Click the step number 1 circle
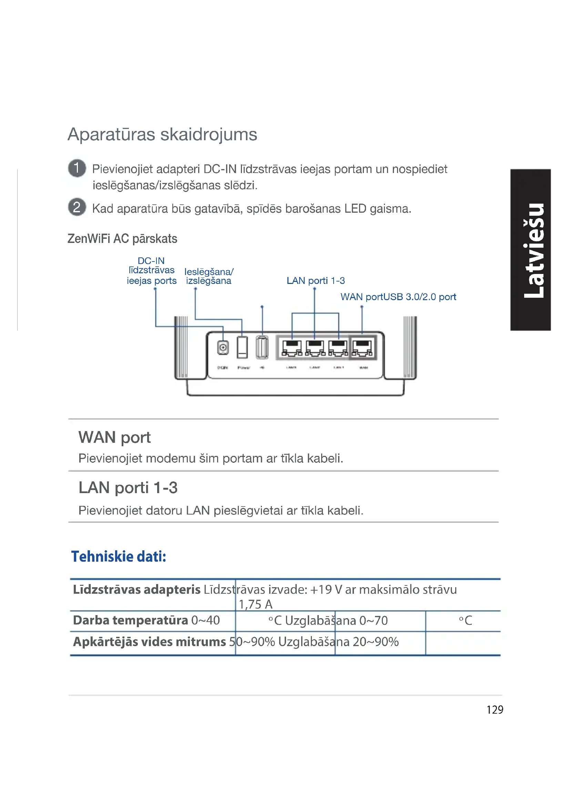pos(77,168)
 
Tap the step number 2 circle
pos(77,207)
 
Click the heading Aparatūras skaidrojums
pos(162,134)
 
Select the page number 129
pos(495,710)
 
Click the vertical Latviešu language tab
pos(530,249)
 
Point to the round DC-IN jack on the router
pos(223,348)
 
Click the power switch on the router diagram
pos(242,347)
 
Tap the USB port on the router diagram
pos(262,347)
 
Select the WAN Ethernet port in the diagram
pos(363,348)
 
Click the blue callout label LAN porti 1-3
pos(316,280)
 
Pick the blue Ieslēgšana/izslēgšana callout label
pos(208,276)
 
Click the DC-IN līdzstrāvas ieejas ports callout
pos(151,271)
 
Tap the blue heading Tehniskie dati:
pos(119,557)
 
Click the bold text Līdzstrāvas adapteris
pos(136,590)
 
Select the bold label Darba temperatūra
pos(131,621)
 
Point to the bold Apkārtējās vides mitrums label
pos(149,642)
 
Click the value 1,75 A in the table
pos(255,604)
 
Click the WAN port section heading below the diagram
pos(114,437)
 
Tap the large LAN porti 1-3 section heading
pos(128,488)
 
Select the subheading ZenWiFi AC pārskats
pos(122,239)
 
